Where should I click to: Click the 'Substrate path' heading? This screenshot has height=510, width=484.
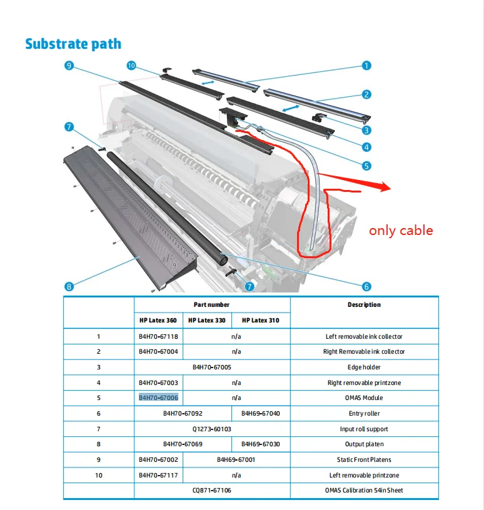[x=73, y=44]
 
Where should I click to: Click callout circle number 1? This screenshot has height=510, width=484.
[x=366, y=66]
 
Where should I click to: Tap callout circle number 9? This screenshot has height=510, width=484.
[x=69, y=66]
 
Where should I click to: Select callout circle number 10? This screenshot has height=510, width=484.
[x=131, y=66]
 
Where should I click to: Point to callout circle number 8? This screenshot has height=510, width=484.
[x=69, y=286]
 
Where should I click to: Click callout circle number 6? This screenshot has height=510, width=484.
[x=366, y=286]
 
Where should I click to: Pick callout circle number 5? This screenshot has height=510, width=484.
[x=366, y=166]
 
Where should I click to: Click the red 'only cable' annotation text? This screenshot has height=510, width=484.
[x=401, y=231]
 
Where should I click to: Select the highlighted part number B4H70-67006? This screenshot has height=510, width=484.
[x=158, y=397]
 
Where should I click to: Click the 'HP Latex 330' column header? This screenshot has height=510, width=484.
[x=208, y=321]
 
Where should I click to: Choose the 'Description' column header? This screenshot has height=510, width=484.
[x=364, y=305]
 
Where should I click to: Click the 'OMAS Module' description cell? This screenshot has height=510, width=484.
[x=365, y=397]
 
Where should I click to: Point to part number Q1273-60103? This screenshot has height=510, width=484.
[x=212, y=429]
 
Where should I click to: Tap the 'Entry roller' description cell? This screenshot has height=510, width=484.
[x=365, y=413]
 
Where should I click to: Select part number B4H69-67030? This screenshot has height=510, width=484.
[x=261, y=444]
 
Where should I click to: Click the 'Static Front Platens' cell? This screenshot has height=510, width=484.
[x=365, y=459]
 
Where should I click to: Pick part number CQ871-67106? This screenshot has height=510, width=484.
[x=212, y=490]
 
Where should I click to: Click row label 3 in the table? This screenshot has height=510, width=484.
[x=98, y=367]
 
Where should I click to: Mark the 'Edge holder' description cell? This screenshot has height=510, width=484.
[x=365, y=367]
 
